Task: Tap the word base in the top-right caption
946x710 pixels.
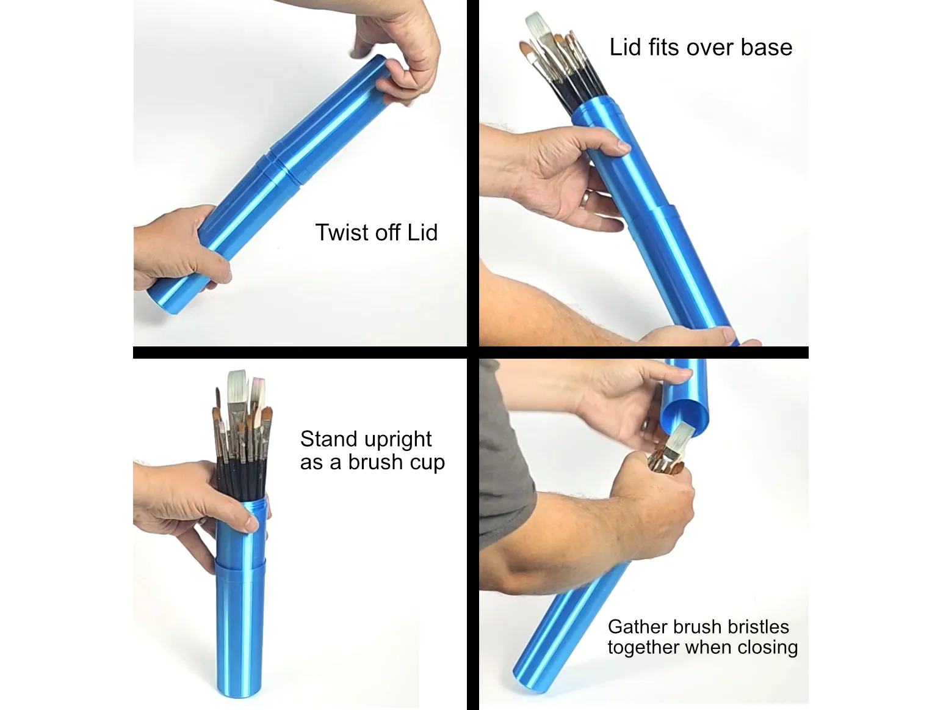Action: [x=766, y=48]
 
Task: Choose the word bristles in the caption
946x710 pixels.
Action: [x=757, y=627]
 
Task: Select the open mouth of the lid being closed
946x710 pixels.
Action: [x=687, y=415]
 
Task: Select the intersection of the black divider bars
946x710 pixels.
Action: [x=473, y=353]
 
